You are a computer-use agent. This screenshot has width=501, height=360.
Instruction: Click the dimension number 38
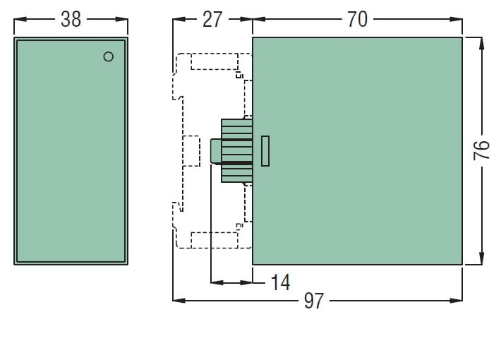click(71, 19)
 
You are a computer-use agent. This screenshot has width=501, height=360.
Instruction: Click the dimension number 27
click(212, 19)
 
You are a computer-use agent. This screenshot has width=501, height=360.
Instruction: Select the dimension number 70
click(357, 19)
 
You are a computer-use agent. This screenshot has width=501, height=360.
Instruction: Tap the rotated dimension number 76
click(481, 150)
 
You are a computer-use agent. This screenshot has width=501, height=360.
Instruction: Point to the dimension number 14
click(280, 282)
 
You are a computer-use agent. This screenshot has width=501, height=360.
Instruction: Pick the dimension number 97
click(313, 301)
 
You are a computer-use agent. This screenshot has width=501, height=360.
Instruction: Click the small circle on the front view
click(108, 56)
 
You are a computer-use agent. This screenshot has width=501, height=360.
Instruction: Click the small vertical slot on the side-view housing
click(265, 150)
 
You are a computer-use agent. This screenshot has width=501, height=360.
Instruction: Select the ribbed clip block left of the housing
click(236, 150)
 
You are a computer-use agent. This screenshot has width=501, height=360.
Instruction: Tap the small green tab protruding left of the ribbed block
click(216, 150)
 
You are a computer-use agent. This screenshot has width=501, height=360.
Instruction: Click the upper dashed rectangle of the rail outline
click(214, 61)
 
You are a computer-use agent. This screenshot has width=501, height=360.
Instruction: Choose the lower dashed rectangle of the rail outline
click(214, 240)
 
